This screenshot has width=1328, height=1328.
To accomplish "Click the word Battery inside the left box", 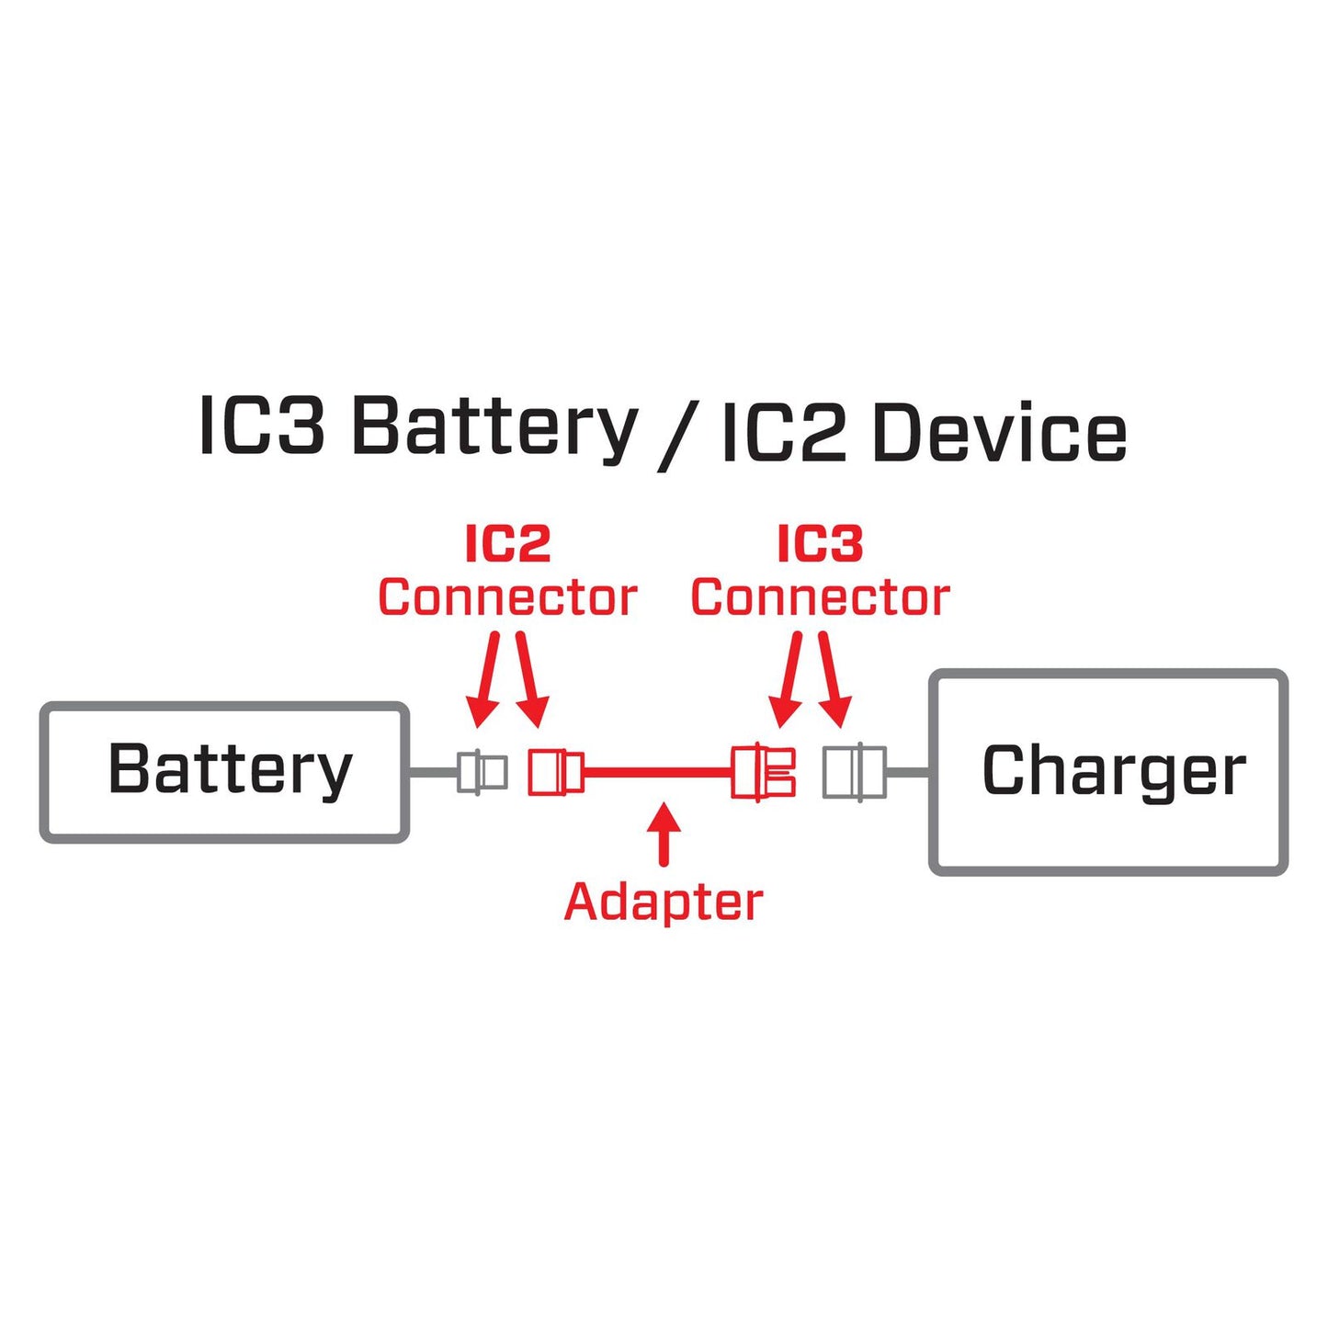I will pos(230,770).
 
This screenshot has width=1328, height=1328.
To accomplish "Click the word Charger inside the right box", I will pos(1113,771).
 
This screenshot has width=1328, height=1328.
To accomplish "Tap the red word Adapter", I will pos(663,902).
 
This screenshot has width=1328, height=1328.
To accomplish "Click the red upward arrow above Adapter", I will pos(664,833).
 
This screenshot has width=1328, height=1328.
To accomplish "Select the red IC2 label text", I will pos(507,544).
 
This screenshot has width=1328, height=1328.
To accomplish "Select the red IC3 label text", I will pos(820,544).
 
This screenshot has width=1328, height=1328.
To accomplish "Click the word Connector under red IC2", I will pos(507,598).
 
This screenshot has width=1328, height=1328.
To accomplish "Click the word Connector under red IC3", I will pos(820,598).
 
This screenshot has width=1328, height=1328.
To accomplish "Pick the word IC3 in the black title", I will pos(261,426).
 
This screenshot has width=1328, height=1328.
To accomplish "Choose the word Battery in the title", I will pos(494,428).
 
